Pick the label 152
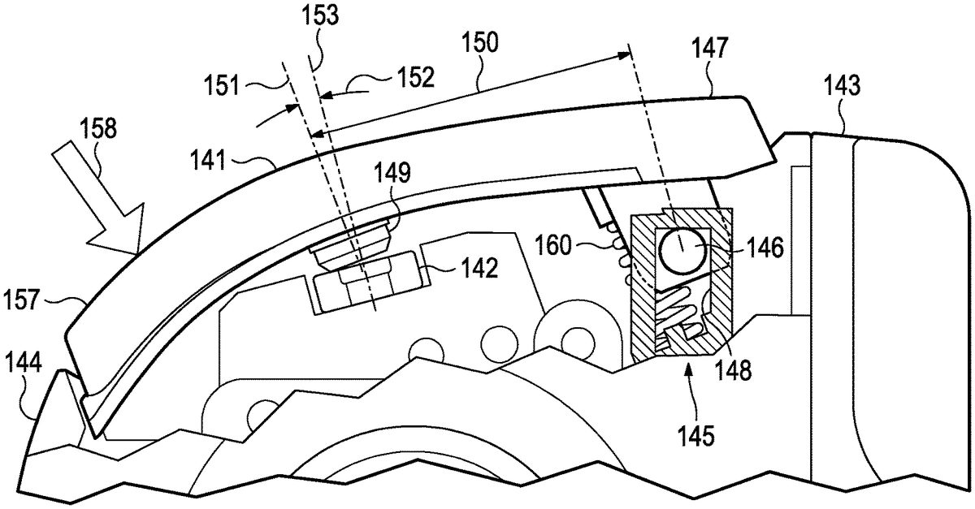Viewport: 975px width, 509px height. (x=414, y=76)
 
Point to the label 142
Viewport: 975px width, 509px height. (x=482, y=270)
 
